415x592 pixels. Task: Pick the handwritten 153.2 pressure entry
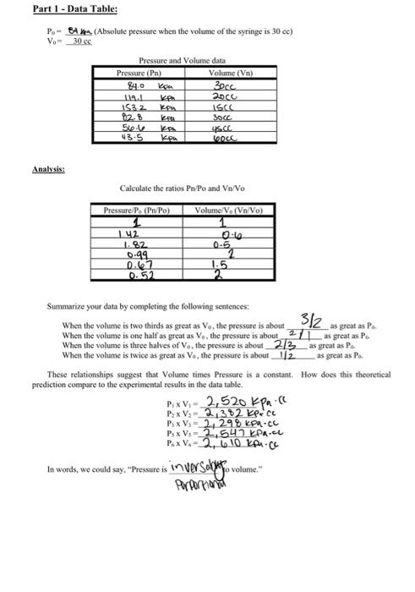(135, 108)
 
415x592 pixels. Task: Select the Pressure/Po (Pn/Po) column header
(135, 209)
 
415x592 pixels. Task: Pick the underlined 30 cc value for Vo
(81, 41)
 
